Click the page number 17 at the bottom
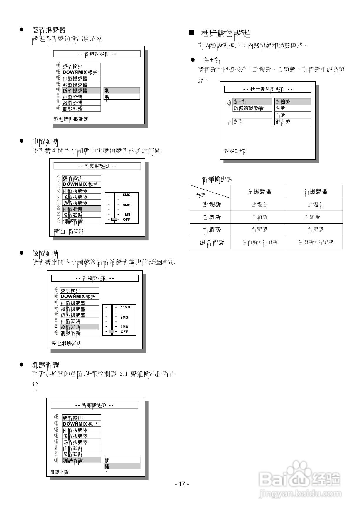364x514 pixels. [x=182, y=484]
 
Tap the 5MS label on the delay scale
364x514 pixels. [x=127, y=195]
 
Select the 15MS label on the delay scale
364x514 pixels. [x=125, y=307]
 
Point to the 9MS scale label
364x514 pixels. [x=124, y=317]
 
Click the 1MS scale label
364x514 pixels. [x=127, y=215]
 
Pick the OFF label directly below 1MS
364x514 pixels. [x=126, y=219]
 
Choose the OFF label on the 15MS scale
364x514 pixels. [x=124, y=332]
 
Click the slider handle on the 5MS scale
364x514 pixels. [x=114, y=219]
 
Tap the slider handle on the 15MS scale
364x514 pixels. [x=112, y=331]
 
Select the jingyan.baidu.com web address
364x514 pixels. [x=300, y=494]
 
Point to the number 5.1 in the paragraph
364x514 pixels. [x=124, y=374]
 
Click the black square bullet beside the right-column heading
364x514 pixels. [x=192, y=33]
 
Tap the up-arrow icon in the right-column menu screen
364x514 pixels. [x=229, y=122]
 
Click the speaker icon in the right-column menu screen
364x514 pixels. [x=229, y=103]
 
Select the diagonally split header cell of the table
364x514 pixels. [x=210, y=192]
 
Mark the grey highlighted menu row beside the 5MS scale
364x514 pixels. [x=81, y=209]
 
